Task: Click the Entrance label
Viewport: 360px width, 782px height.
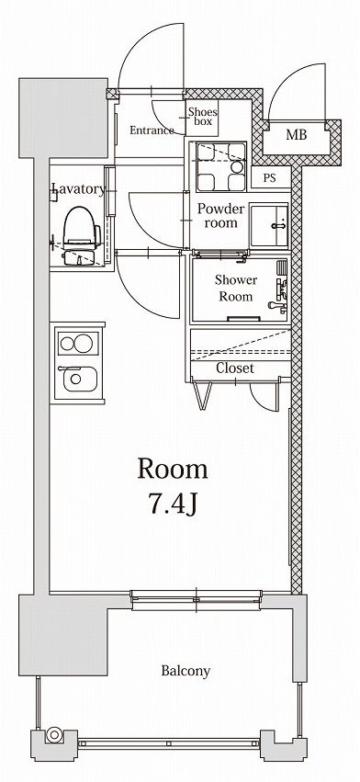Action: coord(152,130)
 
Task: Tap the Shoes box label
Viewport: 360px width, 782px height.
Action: coord(202,117)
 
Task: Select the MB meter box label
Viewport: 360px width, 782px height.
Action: coord(297,134)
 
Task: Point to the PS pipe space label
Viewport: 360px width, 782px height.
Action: coord(269,179)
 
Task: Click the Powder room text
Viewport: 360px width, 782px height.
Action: coord(221,215)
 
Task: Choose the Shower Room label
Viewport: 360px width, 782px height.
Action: coord(236,289)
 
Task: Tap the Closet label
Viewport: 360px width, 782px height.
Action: coord(235,368)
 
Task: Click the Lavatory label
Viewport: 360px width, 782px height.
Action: coord(79,188)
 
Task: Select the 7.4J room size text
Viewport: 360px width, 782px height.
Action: coord(173,504)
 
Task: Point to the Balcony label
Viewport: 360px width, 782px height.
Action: coord(186,671)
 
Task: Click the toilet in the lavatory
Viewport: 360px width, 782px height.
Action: coord(81,234)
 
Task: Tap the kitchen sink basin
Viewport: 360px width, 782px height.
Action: coord(77,380)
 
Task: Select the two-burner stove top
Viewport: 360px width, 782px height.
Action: coord(77,343)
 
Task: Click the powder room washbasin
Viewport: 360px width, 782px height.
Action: coord(269,225)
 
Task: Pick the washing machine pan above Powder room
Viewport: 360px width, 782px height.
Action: coord(221,166)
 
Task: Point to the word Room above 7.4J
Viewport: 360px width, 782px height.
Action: coord(173,470)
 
